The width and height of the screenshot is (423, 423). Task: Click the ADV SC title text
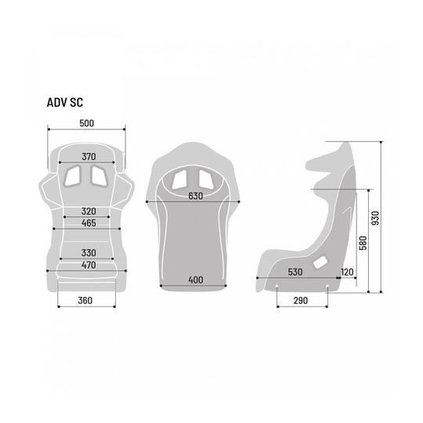(65, 103)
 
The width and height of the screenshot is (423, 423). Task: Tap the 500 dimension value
(87, 123)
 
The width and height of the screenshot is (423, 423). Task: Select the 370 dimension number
(89, 157)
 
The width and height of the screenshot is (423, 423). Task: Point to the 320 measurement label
(89, 211)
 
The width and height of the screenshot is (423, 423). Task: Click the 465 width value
(89, 222)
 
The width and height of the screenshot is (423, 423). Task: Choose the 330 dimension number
(89, 253)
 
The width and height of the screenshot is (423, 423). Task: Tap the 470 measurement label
(89, 265)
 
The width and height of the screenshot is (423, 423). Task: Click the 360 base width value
(85, 300)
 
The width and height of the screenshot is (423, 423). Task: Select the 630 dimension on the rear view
(196, 196)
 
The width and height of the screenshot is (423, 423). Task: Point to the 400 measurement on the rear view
(196, 280)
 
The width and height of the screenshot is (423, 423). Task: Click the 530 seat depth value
(295, 272)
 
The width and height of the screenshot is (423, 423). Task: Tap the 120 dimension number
(347, 272)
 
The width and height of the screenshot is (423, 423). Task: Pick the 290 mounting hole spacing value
(301, 300)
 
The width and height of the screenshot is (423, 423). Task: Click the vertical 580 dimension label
(363, 243)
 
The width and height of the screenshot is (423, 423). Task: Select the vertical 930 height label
(375, 218)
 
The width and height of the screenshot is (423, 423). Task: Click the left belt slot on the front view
(72, 176)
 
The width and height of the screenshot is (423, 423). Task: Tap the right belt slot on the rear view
(206, 179)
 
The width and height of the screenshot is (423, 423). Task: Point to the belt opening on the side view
(320, 262)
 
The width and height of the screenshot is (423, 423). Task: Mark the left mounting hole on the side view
(277, 286)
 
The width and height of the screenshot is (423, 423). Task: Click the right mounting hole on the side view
(327, 286)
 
